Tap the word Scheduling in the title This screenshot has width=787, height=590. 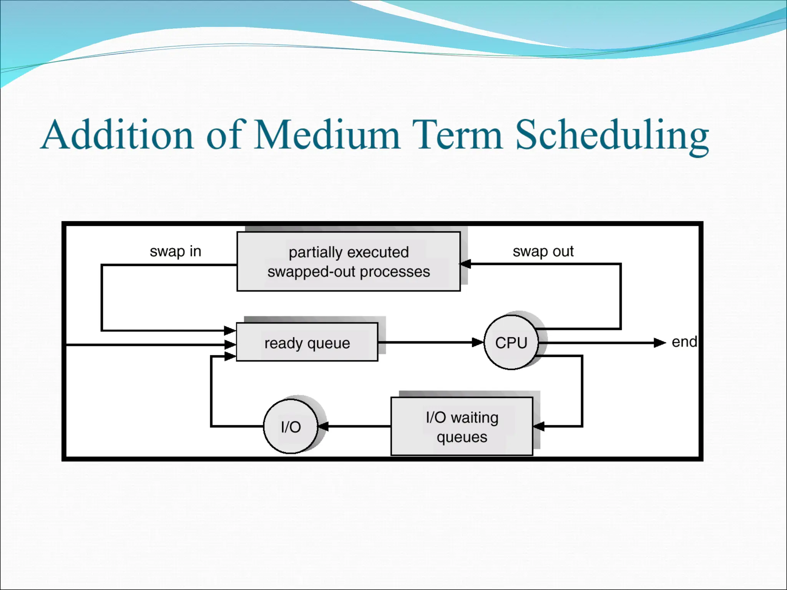pyautogui.click(x=611, y=135)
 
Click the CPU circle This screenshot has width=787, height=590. pyautogui.click(x=511, y=342)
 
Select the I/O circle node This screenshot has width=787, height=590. pyautogui.click(x=291, y=426)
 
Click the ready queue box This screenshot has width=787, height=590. pyautogui.click(x=307, y=342)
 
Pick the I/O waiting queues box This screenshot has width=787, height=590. pyautogui.click(x=462, y=426)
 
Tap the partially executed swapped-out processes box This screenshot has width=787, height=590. pyautogui.click(x=349, y=261)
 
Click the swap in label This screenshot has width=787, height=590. pyautogui.click(x=175, y=251)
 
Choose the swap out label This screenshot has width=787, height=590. pyautogui.click(x=543, y=251)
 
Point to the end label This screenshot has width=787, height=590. pyautogui.click(x=684, y=341)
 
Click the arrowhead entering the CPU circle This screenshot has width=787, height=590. pyautogui.click(x=478, y=342)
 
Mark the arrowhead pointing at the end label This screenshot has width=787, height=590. pyautogui.click(x=660, y=342)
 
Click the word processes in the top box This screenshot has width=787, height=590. pyautogui.click(x=395, y=272)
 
